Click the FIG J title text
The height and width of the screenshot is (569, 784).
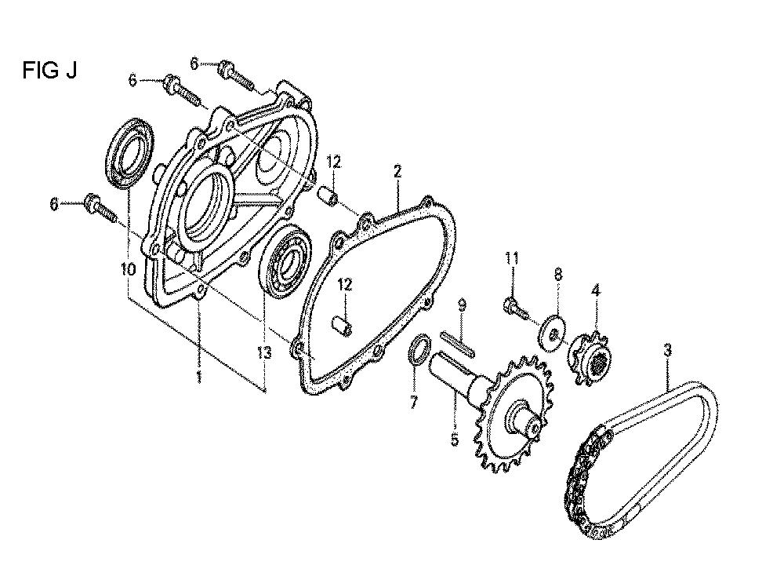click(49, 71)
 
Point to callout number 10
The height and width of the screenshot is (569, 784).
click(128, 270)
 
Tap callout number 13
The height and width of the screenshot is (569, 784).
click(264, 353)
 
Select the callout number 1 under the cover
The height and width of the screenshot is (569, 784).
click(199, 377)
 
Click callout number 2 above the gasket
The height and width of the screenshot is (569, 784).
click(397, 172)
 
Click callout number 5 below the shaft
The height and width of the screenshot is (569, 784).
click(455, 440)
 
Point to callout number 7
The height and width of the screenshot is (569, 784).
click(413, 403)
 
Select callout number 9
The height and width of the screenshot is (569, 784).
click(462, 305)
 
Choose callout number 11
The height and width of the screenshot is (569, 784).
click(511, 258)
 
